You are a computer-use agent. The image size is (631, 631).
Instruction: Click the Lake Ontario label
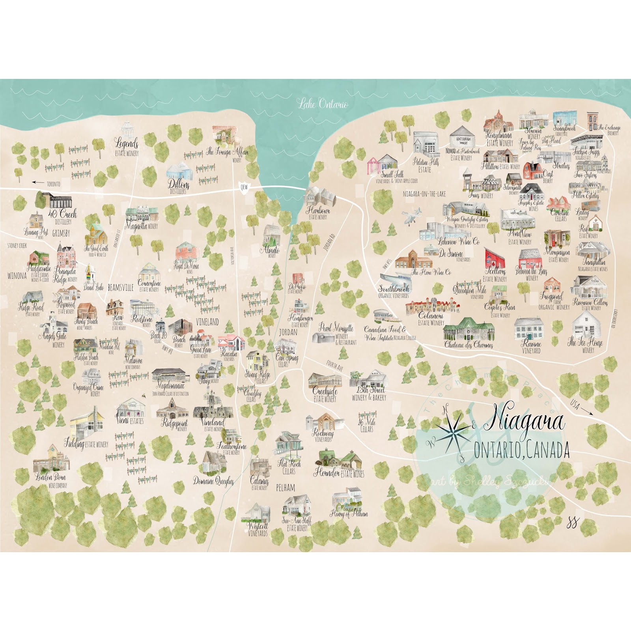click(323, 104)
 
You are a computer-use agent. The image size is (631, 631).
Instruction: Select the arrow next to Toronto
click(38, 183)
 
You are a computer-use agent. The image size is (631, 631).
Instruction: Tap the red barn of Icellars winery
click(494, 258)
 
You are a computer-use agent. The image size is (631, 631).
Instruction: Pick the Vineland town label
click(207, 322)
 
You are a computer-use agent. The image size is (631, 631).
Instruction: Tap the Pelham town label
click(285, 488)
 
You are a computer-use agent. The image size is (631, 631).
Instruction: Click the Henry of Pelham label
click(349, 513)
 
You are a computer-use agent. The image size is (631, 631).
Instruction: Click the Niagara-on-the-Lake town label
click(424, 194)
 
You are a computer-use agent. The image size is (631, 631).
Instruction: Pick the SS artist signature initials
click(572, 523)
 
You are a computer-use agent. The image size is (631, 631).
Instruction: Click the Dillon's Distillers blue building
click(179, 170)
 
